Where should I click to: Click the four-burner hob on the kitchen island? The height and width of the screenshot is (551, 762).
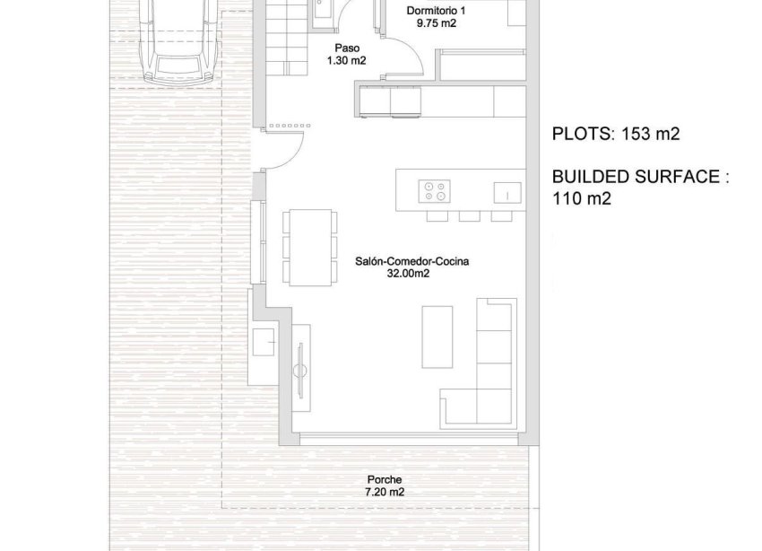[435, 190]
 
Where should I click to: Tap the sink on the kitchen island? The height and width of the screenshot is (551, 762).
[507, 191]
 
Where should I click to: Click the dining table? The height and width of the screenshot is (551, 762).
[307, 246]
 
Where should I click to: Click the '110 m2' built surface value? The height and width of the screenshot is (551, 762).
[582, 199]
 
